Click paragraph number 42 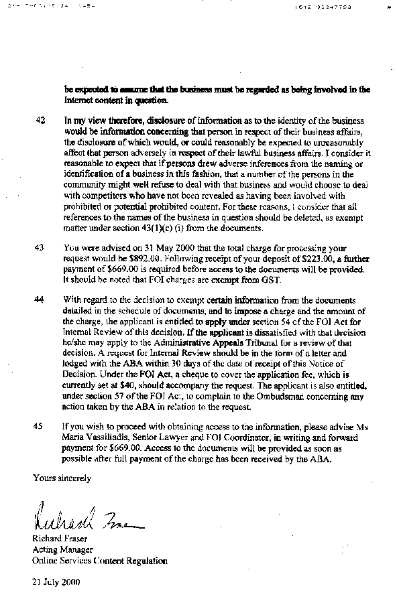40,121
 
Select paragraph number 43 40,247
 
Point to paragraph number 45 40,425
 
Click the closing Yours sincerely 62,478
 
